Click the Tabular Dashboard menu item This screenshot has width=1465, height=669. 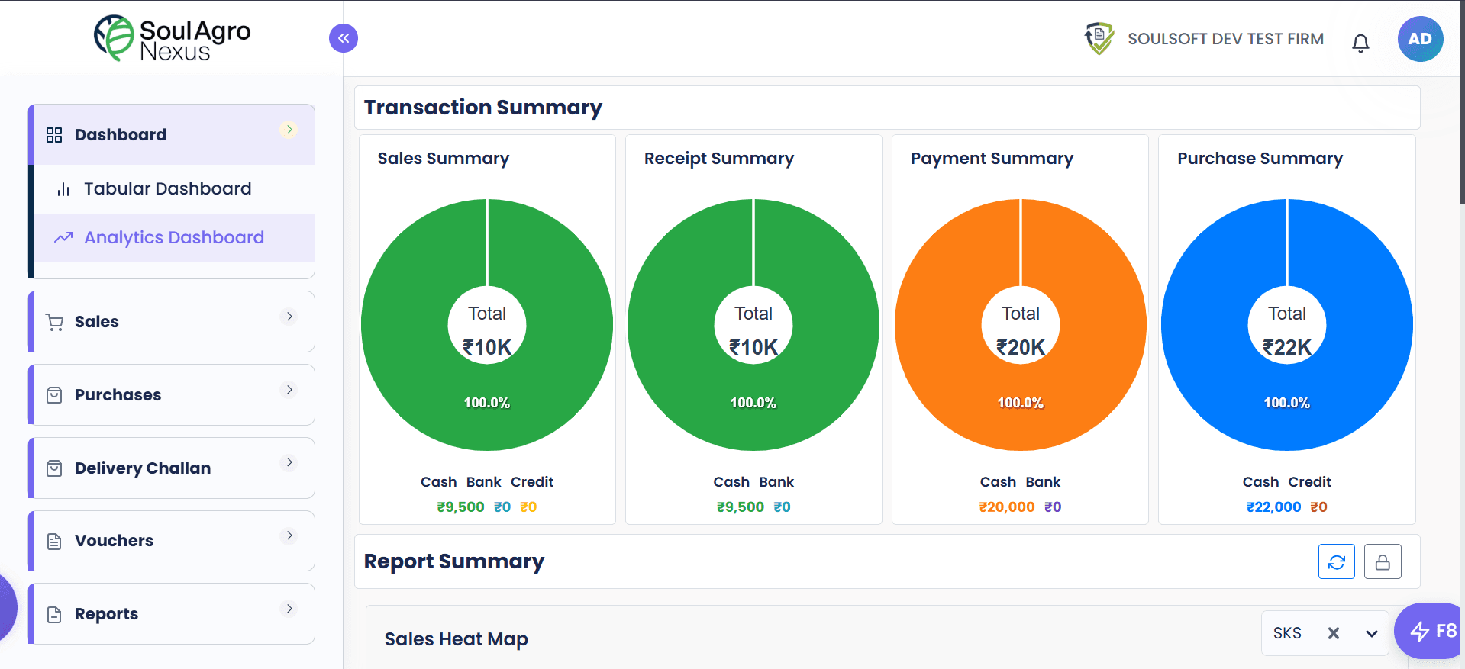click(x=167, y=188)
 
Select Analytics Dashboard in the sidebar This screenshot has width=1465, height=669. click(x=173, y=237)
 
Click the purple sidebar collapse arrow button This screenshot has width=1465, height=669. click(x=344, y=38)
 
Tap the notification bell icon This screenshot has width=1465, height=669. click(x=1360, y=43)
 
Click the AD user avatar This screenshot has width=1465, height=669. click(x=1420, y=39)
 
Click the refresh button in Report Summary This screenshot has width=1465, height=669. click(x=1336, y=561)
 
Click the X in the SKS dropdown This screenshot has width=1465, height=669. click(x=1333, y=632)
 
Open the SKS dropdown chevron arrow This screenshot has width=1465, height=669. click(x=1371, y=633)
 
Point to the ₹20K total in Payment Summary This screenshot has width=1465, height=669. click(x=1020, y=347)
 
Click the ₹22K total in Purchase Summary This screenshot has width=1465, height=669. click(x=1286, y=347)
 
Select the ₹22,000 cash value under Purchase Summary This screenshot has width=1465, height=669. click(x=1273, y=507)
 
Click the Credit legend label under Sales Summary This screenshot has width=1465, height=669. click(x=531, y=481)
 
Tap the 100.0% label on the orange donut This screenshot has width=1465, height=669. click(x=1020, y=403)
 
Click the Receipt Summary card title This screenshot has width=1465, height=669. click(x=718, y=158)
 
